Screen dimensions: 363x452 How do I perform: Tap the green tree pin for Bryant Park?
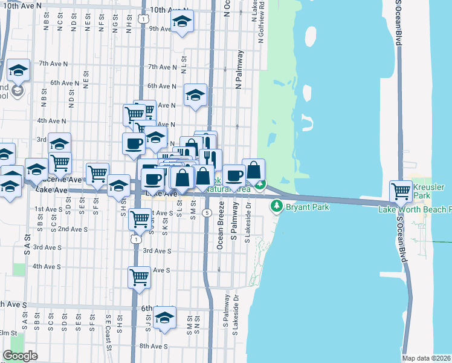pyautogui.click(x=277, y=206)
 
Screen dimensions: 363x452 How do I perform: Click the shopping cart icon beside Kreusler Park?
pyautogui.click(x=401, y=192)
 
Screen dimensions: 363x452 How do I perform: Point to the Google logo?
pyautogui.click(x=20, y=356)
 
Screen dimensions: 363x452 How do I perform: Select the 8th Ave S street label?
pyautogui.click(x=153, y=346)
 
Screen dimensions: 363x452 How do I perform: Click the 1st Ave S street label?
pyautogui.click(x=48, y=209)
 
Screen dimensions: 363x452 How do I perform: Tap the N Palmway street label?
pyautogui.click(x=239, y=70)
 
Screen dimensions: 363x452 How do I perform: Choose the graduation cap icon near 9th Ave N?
pyautogui.click(x=182, y=24)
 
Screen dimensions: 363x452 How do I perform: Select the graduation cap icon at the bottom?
pyautogui.click(x=164, y=318)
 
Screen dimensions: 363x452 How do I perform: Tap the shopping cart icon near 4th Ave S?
pyautogui.click(x=140, y=278)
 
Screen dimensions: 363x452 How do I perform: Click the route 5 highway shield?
pyautogui.click(x=207, y=212)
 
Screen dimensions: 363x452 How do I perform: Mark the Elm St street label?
pyautogui.click(x=8, y=333)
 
